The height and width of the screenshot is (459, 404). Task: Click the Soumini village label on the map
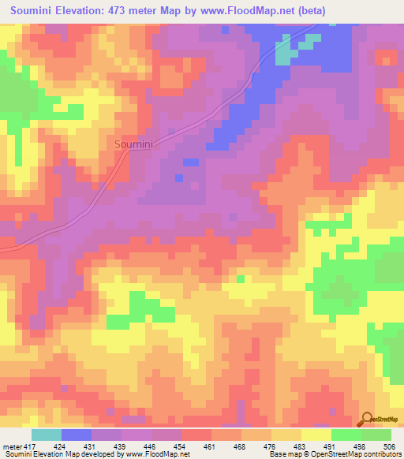133,144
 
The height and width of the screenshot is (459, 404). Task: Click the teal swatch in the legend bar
47,435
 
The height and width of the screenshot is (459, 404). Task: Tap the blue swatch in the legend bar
77,435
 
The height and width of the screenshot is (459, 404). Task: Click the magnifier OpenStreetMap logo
368,419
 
